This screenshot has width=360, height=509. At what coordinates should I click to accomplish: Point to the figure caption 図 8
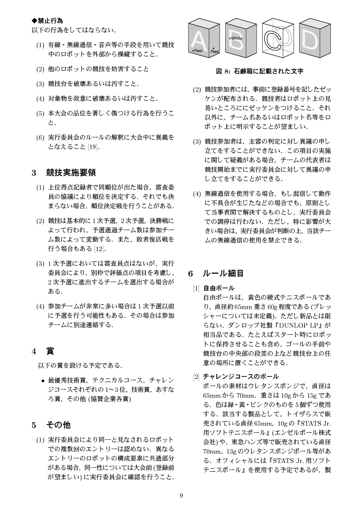click(x=259, y=71)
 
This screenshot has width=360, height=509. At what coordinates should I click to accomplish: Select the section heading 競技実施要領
click(x=71, y=173)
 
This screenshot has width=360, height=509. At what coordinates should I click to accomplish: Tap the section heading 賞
click(x=50, y=351)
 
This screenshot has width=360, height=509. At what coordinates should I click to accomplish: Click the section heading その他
click(x=58, y=425)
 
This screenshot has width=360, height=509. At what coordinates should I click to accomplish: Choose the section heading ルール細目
click(x=223, y=273)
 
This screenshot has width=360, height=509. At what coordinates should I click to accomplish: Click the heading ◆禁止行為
click(x=47, y=21)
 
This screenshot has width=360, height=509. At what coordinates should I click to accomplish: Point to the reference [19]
click(x=93, y=147)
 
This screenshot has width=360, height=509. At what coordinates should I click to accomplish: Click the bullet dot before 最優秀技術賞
click(x=43, y=381)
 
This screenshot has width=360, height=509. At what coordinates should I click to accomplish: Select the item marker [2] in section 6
click(x=196, y=376)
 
